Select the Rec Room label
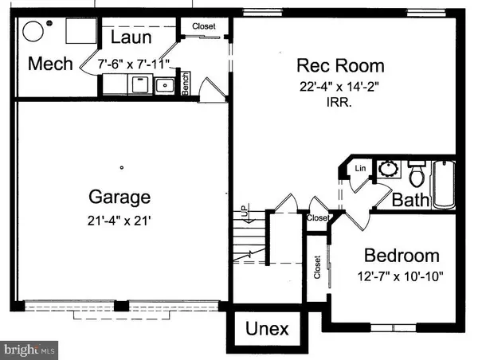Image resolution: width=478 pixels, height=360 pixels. tap(339, 65)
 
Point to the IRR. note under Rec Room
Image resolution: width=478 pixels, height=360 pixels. tap(340, 101)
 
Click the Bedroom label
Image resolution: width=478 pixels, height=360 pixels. tap(402, 256)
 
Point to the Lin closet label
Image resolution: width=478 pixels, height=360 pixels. tap(360, 168)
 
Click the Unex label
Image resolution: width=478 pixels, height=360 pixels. tap(266, 328)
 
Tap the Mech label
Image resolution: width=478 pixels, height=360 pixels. tap(51, 64)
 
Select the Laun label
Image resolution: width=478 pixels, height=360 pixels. tap(131, 37)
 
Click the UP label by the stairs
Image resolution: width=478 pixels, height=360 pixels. tap(244, 213)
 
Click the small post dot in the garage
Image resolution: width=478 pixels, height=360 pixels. tap(121, 167)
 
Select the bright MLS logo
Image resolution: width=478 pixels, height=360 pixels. tap(30, 348)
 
